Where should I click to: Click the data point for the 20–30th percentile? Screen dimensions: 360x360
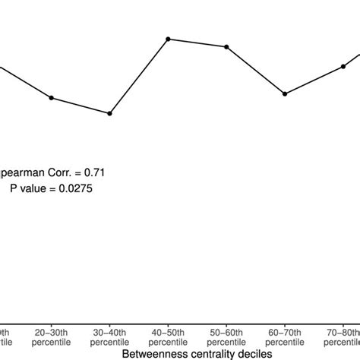pyautogui.click(x=51, y=97)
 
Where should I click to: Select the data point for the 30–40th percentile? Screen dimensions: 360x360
pyautogui.click(x=110, y=114)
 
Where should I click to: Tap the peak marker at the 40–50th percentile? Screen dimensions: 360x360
pyautogui.click(x=168, y=39)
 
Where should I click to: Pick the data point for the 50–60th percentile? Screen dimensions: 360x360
pyautogui.click(x=226, y=47)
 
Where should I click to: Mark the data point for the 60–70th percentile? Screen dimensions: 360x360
pyautogui.click(x=285, y=94)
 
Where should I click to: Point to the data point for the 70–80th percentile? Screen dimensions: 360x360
pyautogui.click(x=343, y=66)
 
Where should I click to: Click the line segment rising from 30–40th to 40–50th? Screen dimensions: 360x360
pyautogui.click(x=139, y=76)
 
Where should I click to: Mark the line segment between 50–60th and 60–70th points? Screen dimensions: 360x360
pyautogui.click(x=256, y=71)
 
